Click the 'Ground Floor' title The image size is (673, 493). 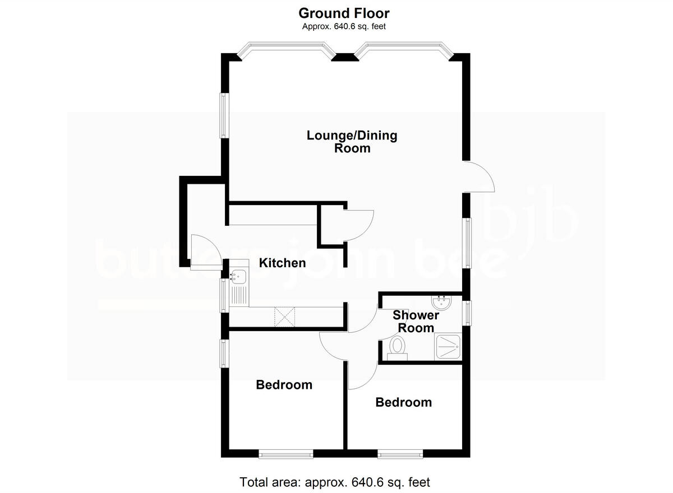(x=344, y=13)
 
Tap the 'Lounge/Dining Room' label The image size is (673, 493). (x=352, y=142)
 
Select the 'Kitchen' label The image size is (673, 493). (x=282, y=263)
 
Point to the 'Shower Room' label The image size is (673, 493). (x=416, y=322)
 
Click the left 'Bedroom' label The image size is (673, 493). (x=284, y=385)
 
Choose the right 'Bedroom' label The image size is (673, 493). (x=403, y=402)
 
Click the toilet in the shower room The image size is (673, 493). (x=398, y=347)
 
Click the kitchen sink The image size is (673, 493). (x=239, y=275)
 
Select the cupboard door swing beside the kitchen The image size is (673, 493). (x=358, y=225)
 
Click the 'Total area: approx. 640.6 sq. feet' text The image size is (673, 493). (x=335, y=482)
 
